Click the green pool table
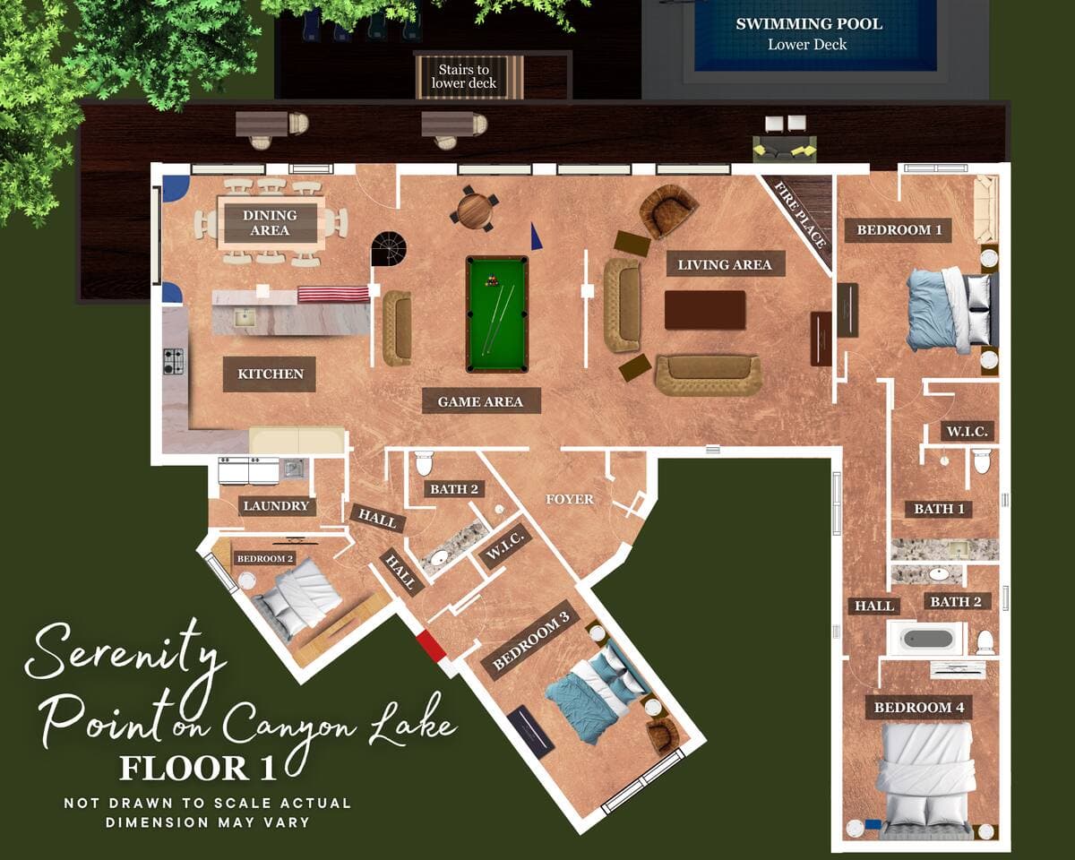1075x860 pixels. click(497, 314)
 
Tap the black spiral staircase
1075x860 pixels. click(389, 249)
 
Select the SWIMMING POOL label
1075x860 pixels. click(809, 24)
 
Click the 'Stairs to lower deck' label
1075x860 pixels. click(463, 76)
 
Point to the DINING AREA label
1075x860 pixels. click(270, 223)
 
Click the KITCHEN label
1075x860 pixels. click(271, 374)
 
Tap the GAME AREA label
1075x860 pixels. click(480, 401)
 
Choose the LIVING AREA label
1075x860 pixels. click(725, 264)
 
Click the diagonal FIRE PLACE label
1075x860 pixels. click(800, 214)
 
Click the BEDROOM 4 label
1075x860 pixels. click(918, 707)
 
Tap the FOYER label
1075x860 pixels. click(570, 499)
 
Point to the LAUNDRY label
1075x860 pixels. click(276, 506)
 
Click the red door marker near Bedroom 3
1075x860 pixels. click(432, 646)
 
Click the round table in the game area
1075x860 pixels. click(475, 209)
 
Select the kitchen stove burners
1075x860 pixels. click(173, 361)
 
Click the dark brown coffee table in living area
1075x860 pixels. click(705, 310)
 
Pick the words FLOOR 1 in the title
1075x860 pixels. click(197, 768)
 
